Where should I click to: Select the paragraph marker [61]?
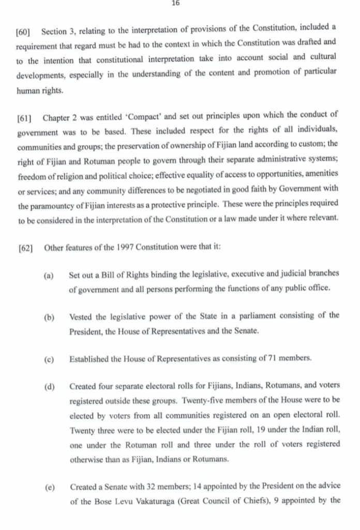26,114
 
